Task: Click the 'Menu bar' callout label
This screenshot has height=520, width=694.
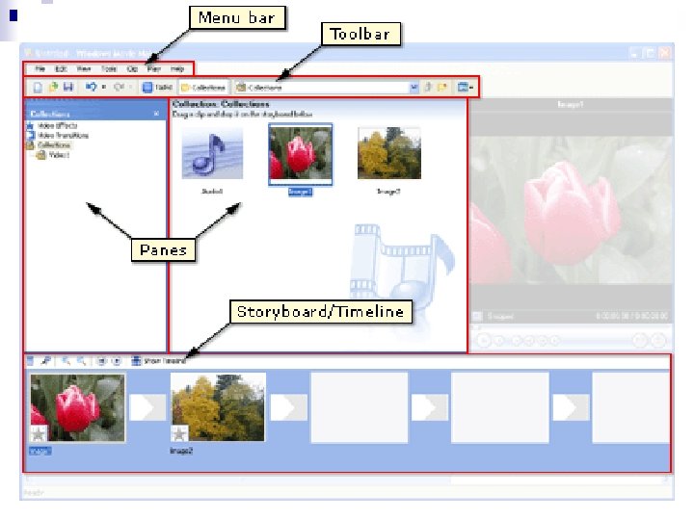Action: [x=235, y=17]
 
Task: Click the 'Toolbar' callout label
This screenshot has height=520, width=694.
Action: [x=360, y=35]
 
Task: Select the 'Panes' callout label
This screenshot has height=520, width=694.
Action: [x=163, y=250]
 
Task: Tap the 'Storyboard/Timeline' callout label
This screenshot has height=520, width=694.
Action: [x=320, y=312]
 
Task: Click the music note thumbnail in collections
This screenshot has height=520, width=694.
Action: [x=212, y=152]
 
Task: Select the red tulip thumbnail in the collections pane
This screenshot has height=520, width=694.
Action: [x=301, y=152]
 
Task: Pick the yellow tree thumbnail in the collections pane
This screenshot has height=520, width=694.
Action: [x=388, y=152]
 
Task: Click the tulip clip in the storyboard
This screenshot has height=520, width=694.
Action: [x=77, y=407]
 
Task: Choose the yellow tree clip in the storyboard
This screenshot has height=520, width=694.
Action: [x=218, y=407]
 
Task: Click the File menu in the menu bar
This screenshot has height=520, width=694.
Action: [x=40, y=69]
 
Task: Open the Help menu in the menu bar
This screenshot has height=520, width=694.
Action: [x=177, y=69]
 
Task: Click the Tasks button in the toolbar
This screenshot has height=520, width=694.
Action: [x=155, y=87]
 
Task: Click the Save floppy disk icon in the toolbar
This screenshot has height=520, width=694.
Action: [x=69, y=87]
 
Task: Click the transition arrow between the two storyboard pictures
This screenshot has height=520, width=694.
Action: [x=147, y=407]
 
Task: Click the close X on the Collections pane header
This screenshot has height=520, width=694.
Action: [x=157, y=114]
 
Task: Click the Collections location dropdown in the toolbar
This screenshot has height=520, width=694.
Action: [x=328, y=87]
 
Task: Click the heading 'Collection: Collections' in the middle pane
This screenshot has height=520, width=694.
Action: [x=221, y=103]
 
